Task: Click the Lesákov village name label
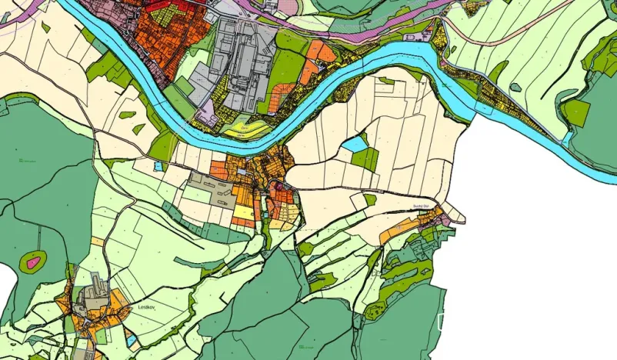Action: (x=145, y=307)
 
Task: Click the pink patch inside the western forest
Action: (x=33, y=263)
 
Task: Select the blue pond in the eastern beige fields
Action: (x=355, y=143)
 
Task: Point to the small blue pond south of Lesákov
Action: (x=132, y=339)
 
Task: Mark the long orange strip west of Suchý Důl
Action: (x=399, y=229)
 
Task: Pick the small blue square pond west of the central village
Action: (x=158, y=165)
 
